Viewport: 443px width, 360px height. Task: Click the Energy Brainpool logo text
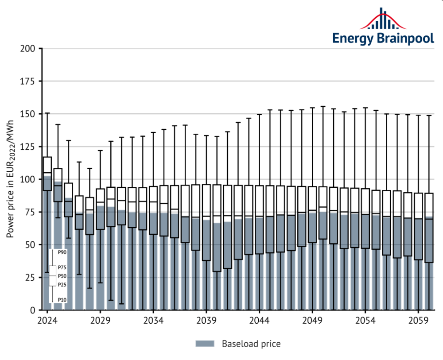pyautogui.click(x=383, y=38)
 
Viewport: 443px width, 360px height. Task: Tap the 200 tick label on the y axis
pyautogui.click(x=27, y=48)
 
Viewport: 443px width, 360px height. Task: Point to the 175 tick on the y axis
pyautogui.click(x=27, y=81)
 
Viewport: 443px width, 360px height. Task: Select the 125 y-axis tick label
pyautogui.click(x=27, y=147)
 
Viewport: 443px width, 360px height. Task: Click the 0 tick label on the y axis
pyautogui.click(x=33, y=310)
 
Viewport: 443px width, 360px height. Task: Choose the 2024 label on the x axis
pyautogui.click(x=47, y=320)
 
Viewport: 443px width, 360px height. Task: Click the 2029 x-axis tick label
pyautogui.click(x=100, y=320)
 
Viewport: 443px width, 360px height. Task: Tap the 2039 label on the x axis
pyautogui.click(x=206, y=320)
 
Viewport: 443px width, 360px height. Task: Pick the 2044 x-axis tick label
pyautogui.click(x=260, y=320)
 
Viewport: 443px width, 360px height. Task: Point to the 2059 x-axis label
pyautogui.click(x=419, y=320)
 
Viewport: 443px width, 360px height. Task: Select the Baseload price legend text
pyautogui.click(x=251, y=344)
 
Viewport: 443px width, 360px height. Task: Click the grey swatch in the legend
pyautogui.click(x=204, y=344)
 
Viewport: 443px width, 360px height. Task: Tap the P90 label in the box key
pyautogui.click(x=62, y=252)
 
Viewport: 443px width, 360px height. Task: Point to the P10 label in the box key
pyautogui.click(x=62, y=300)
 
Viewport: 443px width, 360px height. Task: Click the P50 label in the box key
pyautogui.click(x=62, y=276)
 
